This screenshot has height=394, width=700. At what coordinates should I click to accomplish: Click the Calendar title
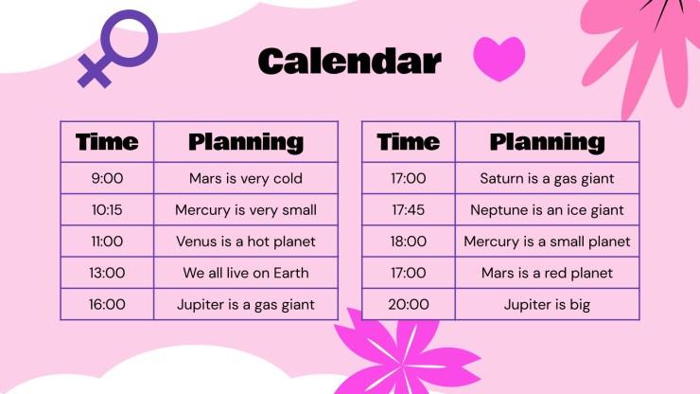pos(350,62)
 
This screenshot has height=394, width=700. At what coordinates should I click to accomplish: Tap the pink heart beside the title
pos(499,59)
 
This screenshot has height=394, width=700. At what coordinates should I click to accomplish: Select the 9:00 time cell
pos(107,178)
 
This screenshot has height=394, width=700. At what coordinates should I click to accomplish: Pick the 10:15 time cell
pos(107,209)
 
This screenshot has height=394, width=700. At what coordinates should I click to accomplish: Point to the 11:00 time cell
pos(107,242)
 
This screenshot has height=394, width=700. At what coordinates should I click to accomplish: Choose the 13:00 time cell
pos(107,273)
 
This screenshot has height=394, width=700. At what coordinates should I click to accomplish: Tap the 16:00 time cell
pos(107,304)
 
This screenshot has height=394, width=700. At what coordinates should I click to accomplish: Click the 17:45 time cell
pos(409,209)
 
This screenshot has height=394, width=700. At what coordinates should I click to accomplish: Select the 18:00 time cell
pos(409,242)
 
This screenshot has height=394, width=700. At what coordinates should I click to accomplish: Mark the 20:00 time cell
pos(409,304)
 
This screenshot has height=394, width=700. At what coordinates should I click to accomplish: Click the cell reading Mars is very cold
pos(246,178)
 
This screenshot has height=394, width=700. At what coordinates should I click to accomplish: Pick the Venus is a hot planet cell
pos(246,242)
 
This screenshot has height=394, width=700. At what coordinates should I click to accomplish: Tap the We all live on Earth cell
pos(246,273)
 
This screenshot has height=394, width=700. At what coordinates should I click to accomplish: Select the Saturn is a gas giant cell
pos(548,178)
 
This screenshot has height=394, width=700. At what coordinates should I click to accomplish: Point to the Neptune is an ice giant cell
pos(548,209)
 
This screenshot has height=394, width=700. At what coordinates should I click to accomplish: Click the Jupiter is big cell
pos(548,304)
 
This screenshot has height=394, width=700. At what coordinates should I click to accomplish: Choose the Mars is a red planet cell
pos(548,273)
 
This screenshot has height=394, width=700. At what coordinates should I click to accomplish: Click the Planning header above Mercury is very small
pos(246,142)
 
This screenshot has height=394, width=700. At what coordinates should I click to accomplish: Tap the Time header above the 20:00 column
pos(409,142)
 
